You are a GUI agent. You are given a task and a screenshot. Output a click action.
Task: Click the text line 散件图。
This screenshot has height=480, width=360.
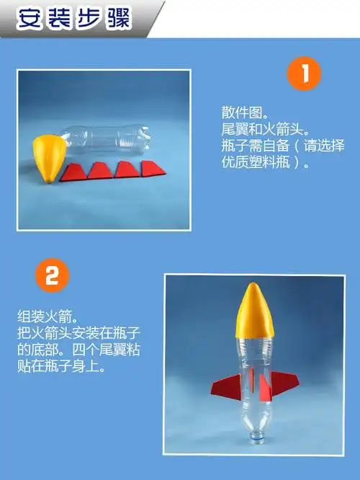pyautogui.click(x=244, y=114)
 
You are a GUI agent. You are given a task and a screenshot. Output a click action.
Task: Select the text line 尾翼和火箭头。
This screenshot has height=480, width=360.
pyautogui.click(x=265, y=130)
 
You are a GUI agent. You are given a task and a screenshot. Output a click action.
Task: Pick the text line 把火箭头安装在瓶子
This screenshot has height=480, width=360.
pyautogui.click(x=78, y=334)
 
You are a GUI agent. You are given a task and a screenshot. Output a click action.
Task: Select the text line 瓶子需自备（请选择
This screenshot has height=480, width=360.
pyautogui.click(x=282, y=146)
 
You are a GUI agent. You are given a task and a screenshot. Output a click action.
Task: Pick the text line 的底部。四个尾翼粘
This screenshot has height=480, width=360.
pyautogui.click(x=78, y=350)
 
